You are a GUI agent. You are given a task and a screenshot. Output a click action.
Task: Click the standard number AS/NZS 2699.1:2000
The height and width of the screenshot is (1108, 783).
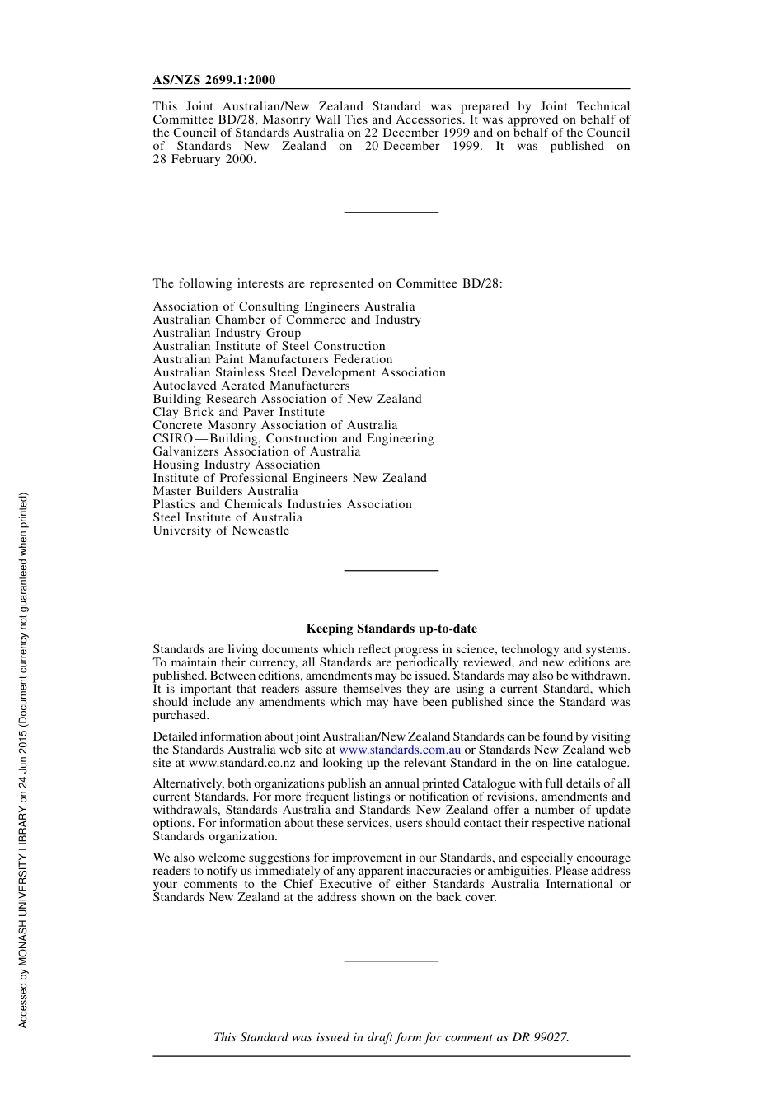[214, 80]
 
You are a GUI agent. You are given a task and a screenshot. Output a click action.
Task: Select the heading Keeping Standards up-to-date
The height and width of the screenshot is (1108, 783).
[391, 629]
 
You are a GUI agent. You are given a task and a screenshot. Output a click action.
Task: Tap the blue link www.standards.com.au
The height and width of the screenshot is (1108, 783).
[400, 750]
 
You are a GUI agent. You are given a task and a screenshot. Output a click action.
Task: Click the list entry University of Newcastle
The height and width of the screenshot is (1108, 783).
[221, 531]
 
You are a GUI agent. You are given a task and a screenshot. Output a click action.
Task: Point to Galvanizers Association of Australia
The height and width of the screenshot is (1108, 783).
[256, 451]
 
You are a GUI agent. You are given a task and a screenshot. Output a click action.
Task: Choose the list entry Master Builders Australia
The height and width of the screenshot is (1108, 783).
[225, 491]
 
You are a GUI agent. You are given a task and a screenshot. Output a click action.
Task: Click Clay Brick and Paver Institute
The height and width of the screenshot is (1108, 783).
[238, 412]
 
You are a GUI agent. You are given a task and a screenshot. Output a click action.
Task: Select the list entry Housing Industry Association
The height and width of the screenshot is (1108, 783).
[236, 465]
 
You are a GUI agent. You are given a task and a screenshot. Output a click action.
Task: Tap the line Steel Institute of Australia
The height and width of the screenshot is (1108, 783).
[227, 517]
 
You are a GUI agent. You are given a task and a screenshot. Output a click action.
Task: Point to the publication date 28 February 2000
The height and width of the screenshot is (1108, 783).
[204, 159]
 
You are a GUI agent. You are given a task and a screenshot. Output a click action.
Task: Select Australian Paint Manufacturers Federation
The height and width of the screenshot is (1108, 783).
[273, 359]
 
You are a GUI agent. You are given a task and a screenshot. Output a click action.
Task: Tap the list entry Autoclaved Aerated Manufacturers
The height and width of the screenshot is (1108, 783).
[251, 386]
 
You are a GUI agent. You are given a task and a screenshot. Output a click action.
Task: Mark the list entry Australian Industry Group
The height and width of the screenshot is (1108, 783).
[227, 333]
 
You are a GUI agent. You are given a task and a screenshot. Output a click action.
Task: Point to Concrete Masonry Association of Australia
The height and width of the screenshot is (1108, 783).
[274, 425]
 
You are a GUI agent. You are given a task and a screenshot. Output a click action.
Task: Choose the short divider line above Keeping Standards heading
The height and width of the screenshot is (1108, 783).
[391, 570]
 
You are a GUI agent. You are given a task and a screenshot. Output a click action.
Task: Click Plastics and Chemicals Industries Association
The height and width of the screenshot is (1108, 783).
[282, 504]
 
